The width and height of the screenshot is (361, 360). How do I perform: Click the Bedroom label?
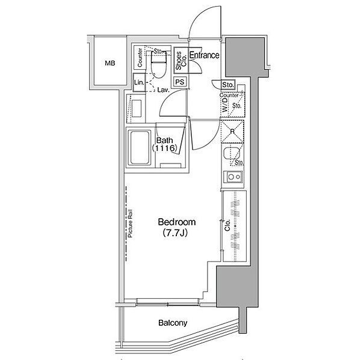tap(177, 222)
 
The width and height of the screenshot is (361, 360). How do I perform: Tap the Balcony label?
tap(173, 323)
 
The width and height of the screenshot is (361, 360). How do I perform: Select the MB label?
tap(110, 63)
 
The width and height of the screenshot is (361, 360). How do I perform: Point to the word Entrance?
tap(204, 55)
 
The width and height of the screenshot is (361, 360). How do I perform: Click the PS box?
tap(180, 82)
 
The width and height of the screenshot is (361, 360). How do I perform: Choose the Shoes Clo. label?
tap(181, 60)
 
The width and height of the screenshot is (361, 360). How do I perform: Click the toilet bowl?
tap(158, 66)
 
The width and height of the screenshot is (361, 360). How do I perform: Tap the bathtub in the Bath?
tap(140, 148)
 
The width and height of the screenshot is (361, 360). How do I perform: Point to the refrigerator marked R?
tap(232, 132)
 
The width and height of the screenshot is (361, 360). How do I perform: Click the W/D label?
tap(224, 105)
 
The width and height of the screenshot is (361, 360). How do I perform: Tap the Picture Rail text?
tap(131, 224)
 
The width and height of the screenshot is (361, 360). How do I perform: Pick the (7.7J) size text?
tap(175, 233)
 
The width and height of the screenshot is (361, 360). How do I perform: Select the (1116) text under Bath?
tap(165, 148)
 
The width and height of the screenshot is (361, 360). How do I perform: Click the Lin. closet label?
tap(139, 82)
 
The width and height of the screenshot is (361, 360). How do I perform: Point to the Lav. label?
tap(164, 90)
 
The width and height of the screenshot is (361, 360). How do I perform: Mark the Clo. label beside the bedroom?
tap(227, 225)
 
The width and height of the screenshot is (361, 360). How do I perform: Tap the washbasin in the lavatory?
tap(137, 109)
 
